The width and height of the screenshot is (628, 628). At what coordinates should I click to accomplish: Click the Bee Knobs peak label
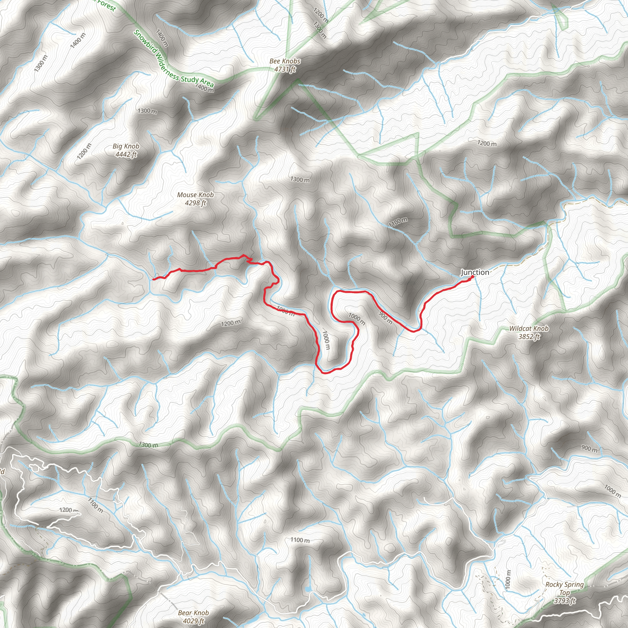285,61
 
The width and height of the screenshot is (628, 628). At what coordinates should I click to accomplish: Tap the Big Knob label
126,146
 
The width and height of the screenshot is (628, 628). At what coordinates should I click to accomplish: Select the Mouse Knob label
195,195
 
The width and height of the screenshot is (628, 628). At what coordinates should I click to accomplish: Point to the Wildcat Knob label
529,329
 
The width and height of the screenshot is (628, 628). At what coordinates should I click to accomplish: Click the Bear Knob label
193,613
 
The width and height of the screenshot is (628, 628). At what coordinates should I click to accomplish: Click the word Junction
475,272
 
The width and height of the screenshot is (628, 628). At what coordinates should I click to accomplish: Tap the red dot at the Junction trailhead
472,277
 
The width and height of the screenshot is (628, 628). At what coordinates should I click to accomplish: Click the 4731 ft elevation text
285,69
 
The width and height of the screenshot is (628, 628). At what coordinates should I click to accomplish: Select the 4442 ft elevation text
126,155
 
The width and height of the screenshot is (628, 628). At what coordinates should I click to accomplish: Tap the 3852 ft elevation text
529,336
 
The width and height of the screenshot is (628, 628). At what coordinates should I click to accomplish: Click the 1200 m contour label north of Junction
487,143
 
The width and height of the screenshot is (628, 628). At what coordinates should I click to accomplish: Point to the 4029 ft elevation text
193,621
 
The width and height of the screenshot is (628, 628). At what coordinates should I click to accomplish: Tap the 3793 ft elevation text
565,601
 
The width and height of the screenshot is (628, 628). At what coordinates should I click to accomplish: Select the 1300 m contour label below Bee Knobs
300,179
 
